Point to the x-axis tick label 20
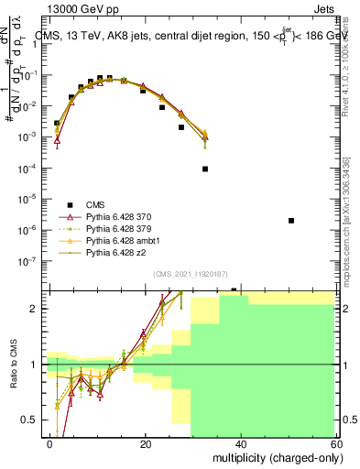[x=145, y=443]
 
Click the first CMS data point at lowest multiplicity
[x=57, y=123]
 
